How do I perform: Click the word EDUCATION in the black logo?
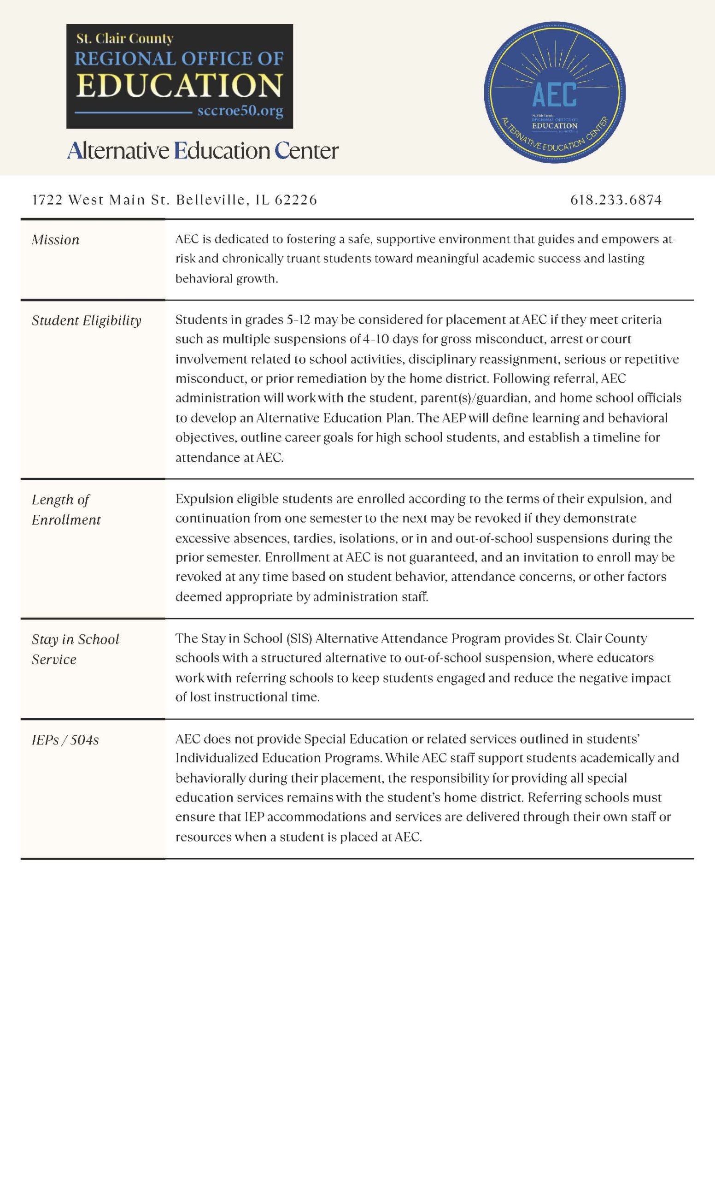coord(180,85)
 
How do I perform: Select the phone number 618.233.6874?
coord(616,200)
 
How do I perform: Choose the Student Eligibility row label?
coord(87,320)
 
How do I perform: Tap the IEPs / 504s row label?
coord(65,740)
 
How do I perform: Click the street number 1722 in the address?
coord(47,200)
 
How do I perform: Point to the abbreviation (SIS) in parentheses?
coord(299,638)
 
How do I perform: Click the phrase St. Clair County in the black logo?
coord(125,38)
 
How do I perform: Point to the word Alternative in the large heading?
coord(118,150)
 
